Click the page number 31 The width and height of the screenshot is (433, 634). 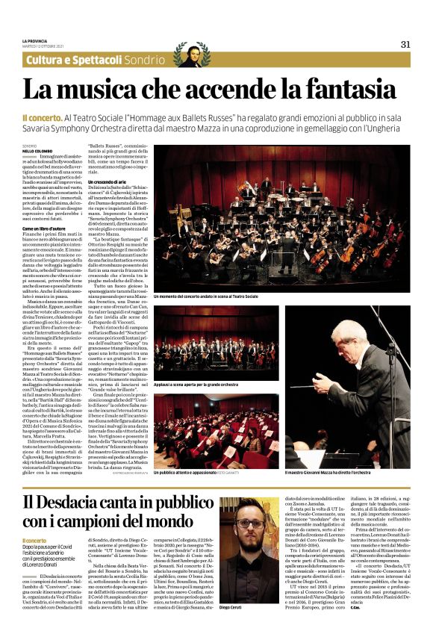[x=405, y=43]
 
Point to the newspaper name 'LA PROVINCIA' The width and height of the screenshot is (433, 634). [x=36, y=40]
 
